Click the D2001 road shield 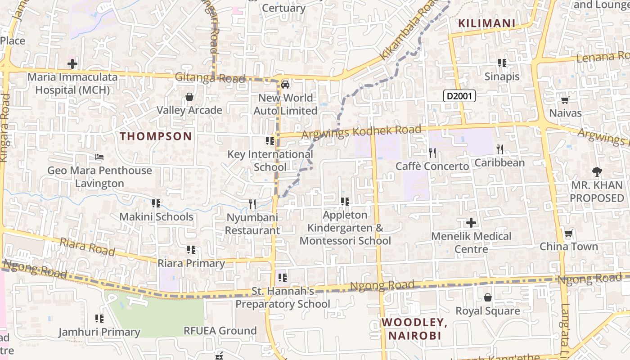tap(459, 95)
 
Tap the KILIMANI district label tap(486, 23)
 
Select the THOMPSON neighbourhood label tap(156, 136)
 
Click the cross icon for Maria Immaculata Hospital tap(72, 64)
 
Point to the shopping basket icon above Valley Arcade tap(189, 97)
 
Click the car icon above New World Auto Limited tap(285, 84)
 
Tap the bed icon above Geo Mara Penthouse tap(99, 157)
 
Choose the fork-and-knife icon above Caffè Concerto tap(432, 153)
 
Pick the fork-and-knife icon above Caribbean tap(499, 149)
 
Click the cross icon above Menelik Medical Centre tap(471, 223)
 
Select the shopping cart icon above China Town tap(568, 234)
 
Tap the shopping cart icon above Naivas tap(565, 100)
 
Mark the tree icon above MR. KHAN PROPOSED tap(597, 171)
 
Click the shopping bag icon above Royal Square tap(487, 297)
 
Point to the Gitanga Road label tap(210, 78)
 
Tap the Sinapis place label tap(502, 76)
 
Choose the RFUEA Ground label tap(220, 331)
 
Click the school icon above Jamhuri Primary tap(99, 319)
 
